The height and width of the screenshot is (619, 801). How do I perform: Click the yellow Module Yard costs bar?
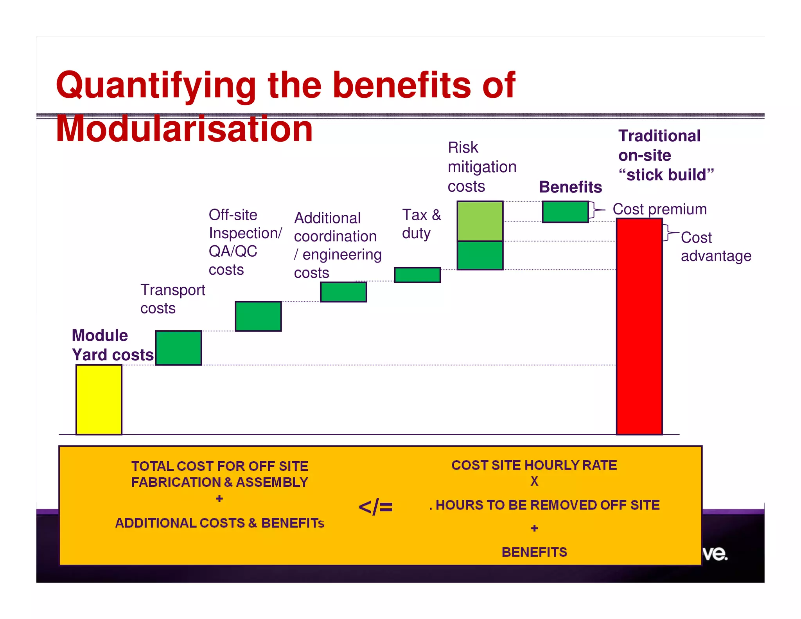pyautogui.click(x=99, y=399)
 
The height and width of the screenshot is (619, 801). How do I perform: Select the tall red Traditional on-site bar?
pyautogui.click(x=639, y=326)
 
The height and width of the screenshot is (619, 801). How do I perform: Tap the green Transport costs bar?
pyautogui.click(x=178, y=348)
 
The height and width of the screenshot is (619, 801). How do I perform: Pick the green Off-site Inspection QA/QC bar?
pyautogui.click(x=258, y=316)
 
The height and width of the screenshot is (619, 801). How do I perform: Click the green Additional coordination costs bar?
pyautogui.click(x=343, y=292)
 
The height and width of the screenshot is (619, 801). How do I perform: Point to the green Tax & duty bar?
pyautogui.click(x=417, y=275)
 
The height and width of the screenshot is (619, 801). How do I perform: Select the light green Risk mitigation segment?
pyautogui.click(x=480, y=221)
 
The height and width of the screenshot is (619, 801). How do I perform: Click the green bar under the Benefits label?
pyautogui.click(x=565, y=212)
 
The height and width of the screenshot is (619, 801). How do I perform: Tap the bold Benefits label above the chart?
pyautogui.click(x=570, y=187)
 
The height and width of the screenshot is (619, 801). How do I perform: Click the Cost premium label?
pyautogui.click(x=659, y=209)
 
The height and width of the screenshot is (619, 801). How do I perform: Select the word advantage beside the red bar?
pyautogui.click(x=716, y=256)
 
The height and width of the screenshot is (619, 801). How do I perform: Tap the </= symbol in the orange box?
pyautogui.click(x=375, y=507)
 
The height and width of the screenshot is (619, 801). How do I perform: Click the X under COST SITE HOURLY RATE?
pyautogui.click(x=534, y=481)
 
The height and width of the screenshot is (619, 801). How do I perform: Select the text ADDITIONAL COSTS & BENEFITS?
pyautogui.click(x=219, y=523)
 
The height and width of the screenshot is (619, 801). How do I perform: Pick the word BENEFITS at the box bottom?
pyautogui.click(x=534, y=552)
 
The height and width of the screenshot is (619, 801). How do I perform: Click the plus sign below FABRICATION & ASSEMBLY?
pyautogui.click(x=219, y=498)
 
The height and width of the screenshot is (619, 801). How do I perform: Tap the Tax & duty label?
pyautogui.click(x=421, y=224)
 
